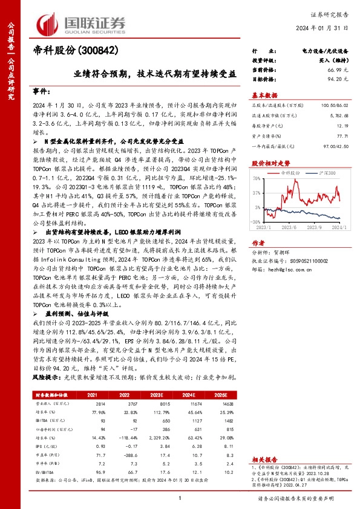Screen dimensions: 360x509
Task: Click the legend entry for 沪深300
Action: click(x=324, y=173)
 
